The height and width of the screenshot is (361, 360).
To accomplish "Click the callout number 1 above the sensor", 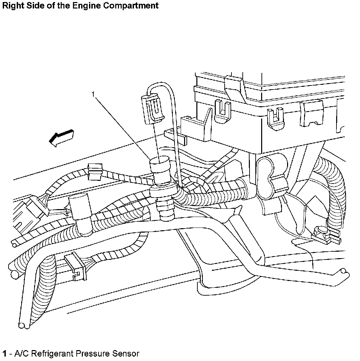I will (93, 94).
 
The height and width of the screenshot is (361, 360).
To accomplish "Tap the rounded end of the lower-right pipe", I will (344, 271).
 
